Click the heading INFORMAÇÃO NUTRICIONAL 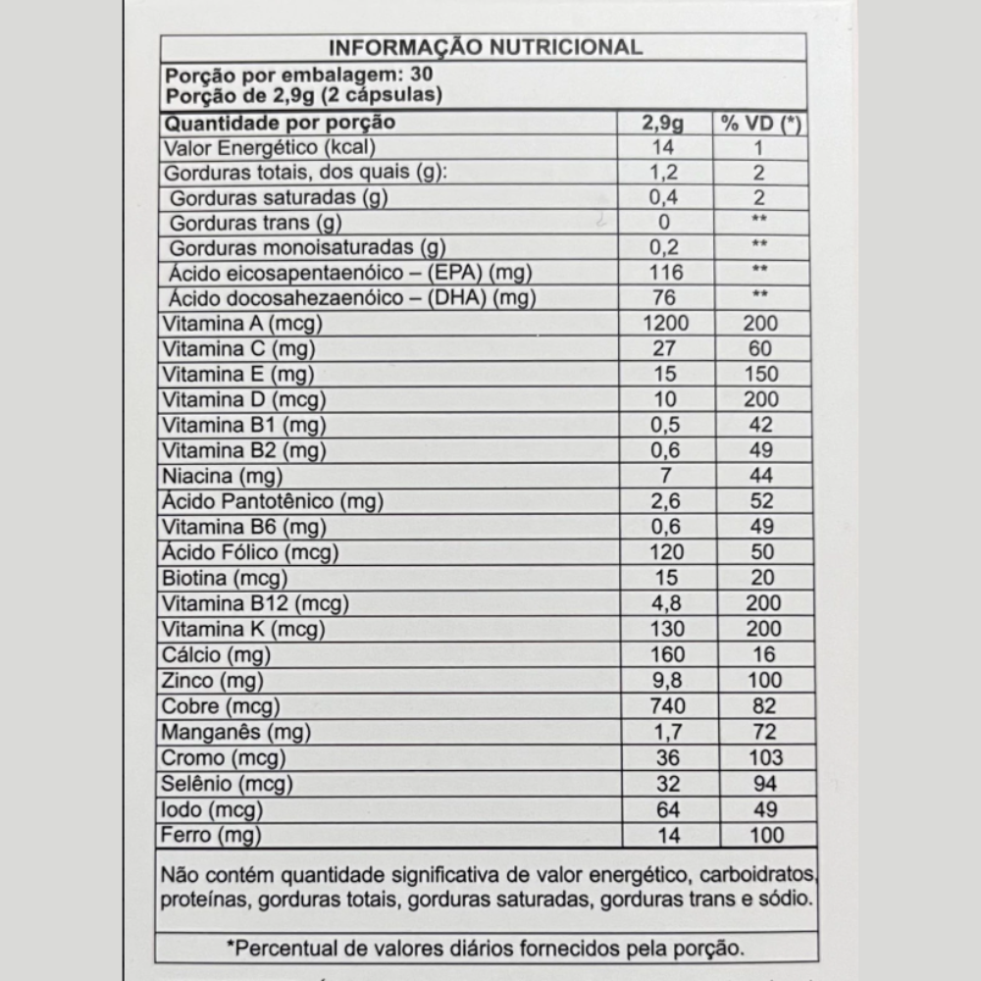coord(485,47)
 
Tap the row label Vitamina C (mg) coord(234,348)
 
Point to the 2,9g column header coord(664,124)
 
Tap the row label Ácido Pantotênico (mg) coord(274,502)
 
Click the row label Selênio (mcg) coord(229,784)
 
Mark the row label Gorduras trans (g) coord(255,222)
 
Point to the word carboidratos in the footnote coord(759,875)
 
